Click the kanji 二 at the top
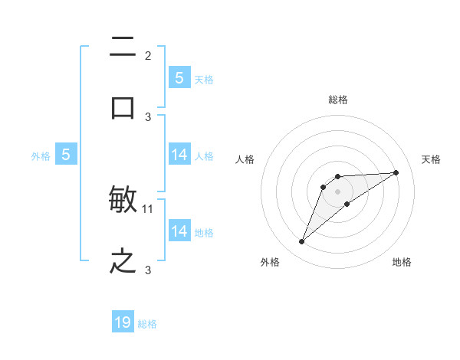pos(123,47)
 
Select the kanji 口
pos(123,107)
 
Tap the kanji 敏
pos(123,201)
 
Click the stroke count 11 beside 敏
pos(148,208)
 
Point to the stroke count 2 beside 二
pos(148,55)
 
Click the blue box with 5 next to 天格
pos(179,77)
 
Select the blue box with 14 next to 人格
pos(179,155)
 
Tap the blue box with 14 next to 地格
pos(179,231)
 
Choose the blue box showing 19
pos(123,322)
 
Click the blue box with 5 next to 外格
pos(66,155)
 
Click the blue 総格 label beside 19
pos(147,324)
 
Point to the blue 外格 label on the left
pos(41,155)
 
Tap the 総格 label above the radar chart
pos(338,100)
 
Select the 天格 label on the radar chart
pos(432,159)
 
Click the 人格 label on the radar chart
pos(245,159)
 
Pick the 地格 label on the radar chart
pos(402,263)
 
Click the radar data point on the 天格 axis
pos(396,172)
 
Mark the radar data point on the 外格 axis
pos(301,242)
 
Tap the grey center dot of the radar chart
pos(337,191)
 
